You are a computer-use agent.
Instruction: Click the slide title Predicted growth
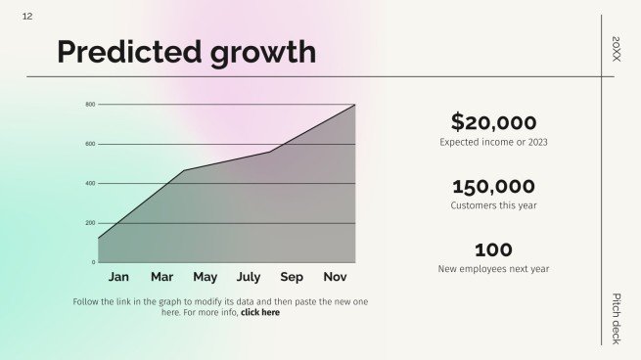186,52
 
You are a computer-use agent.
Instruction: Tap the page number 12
26,17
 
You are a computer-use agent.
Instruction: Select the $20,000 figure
493,122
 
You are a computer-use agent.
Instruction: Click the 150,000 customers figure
493,187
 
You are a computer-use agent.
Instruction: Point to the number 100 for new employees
493,250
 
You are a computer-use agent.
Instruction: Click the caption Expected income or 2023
493,143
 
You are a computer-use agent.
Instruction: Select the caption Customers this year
493,206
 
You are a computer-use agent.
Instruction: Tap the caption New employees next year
493,269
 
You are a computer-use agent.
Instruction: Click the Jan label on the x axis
118,277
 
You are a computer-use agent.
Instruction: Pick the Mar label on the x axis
161,277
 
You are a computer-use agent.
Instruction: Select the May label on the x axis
205,277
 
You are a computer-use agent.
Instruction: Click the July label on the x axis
249,277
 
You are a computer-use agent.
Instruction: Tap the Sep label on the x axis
292,277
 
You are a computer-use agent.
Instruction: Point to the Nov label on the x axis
335,277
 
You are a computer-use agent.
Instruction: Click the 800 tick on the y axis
89,105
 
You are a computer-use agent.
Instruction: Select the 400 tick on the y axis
89,184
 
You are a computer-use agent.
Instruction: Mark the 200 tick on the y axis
89,223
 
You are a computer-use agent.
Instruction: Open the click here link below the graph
259,313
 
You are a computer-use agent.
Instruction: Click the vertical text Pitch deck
616,318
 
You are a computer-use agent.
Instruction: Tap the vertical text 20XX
616,49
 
